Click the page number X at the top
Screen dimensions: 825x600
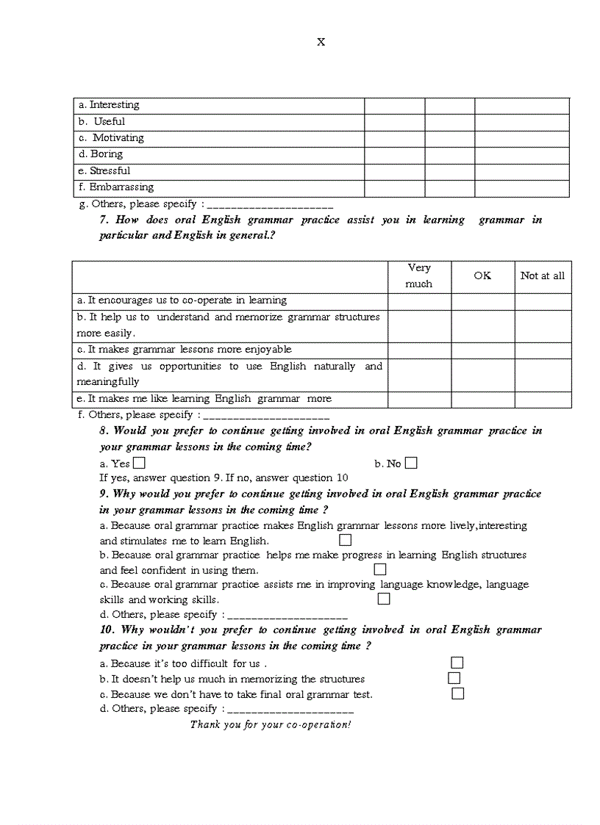click(321, 42)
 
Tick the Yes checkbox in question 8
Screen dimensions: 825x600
click(139, 463)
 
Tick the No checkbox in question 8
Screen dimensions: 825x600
click(411, 463)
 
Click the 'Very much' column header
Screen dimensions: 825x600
click(419, 276)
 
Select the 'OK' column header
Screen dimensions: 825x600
click(482, 275)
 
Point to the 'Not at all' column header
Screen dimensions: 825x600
click(543, 275)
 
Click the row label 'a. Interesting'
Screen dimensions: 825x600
click(109, 105)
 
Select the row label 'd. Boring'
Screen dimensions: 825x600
click(101, 154)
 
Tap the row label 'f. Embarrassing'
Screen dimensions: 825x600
click(115, 187)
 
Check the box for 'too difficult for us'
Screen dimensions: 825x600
click(457, 663)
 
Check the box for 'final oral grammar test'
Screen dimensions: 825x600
click(457, 693)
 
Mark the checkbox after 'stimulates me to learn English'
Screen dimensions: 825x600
click(345, 540)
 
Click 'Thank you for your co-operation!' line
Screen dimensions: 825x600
click(271, 724)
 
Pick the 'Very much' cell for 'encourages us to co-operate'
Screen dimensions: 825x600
click(419, 301)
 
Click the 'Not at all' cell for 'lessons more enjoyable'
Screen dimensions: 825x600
click(543, 350)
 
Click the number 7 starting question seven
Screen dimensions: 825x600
click(104, 220)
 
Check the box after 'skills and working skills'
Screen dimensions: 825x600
click(384, 599)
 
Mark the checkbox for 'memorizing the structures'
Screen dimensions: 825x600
click(454, 678)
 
